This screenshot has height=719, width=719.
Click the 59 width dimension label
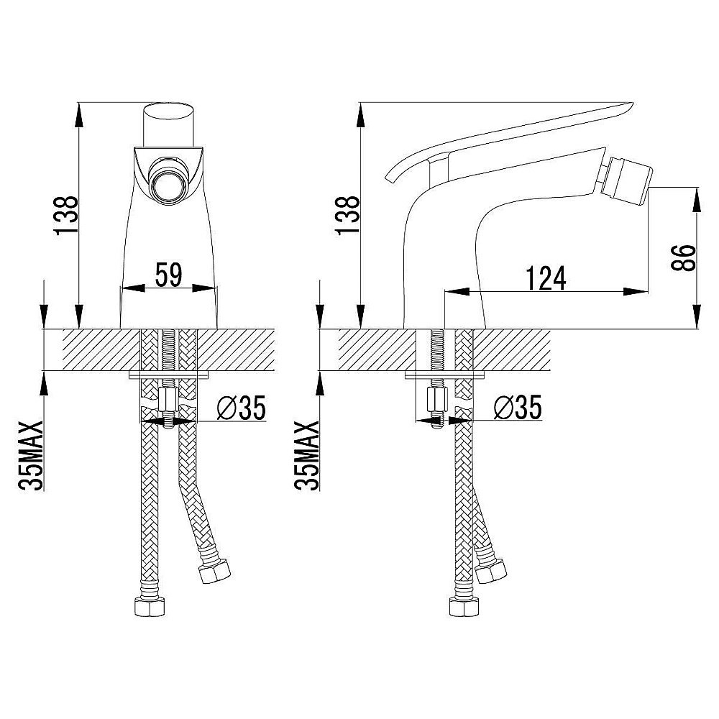coord(169,275)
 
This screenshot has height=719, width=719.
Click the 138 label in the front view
coord(66,216)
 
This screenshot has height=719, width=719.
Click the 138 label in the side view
coord(348,216)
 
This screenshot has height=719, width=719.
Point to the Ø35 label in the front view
coord(241,408)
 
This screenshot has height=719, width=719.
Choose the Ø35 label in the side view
coord(518,407)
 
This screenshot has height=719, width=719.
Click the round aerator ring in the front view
coord(169,180)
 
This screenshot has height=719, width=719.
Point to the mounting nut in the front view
coord(168,400)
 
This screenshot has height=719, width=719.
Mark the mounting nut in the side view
coord(436,400)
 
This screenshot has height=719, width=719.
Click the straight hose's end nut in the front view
coord(150,607)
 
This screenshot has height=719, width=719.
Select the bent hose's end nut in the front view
coord(214,570)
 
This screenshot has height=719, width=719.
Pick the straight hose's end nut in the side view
coord(464,607)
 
